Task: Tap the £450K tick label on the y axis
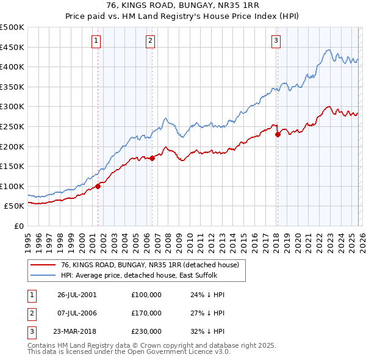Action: [12, 47]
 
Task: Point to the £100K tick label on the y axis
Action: [12, 186]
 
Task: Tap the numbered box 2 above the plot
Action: [150, 41]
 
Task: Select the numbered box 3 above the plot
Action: [276, 41]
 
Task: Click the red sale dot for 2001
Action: [98, 186]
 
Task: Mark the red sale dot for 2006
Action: [152, 158]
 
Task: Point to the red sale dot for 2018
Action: [278, 134]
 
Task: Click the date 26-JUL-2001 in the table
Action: [77, 294]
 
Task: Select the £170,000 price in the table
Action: [146, 313]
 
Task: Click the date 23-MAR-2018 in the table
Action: [77, 332]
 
